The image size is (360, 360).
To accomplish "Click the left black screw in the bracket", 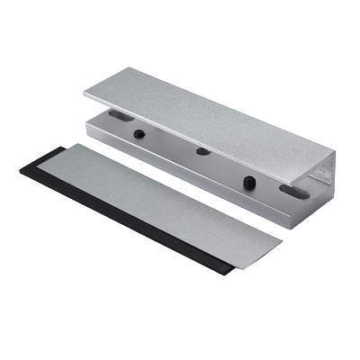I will pos(140,134).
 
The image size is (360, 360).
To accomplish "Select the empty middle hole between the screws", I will pos(200,149).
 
